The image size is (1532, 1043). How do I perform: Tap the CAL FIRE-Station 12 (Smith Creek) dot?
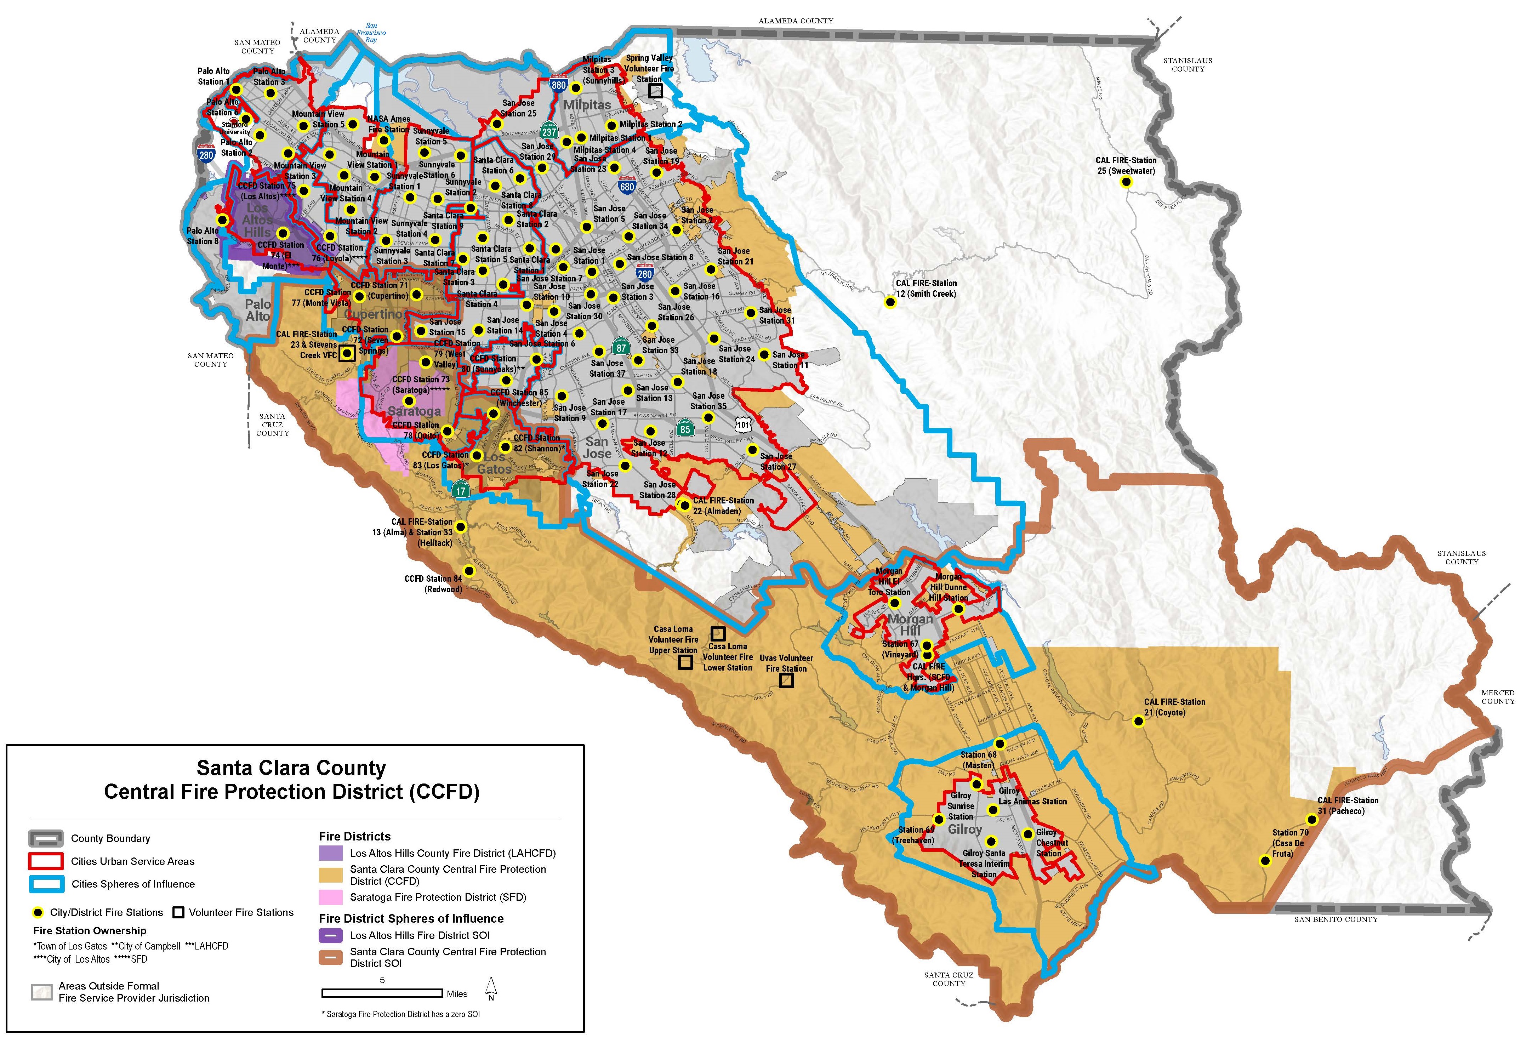pos(890,303)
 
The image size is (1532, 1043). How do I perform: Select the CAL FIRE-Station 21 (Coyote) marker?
pos(1138,722)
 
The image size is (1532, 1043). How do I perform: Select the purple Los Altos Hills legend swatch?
pos(330,853)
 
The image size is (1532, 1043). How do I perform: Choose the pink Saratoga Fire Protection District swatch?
pos(330,897)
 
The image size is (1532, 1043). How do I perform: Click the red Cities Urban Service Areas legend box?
pos(45,861)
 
